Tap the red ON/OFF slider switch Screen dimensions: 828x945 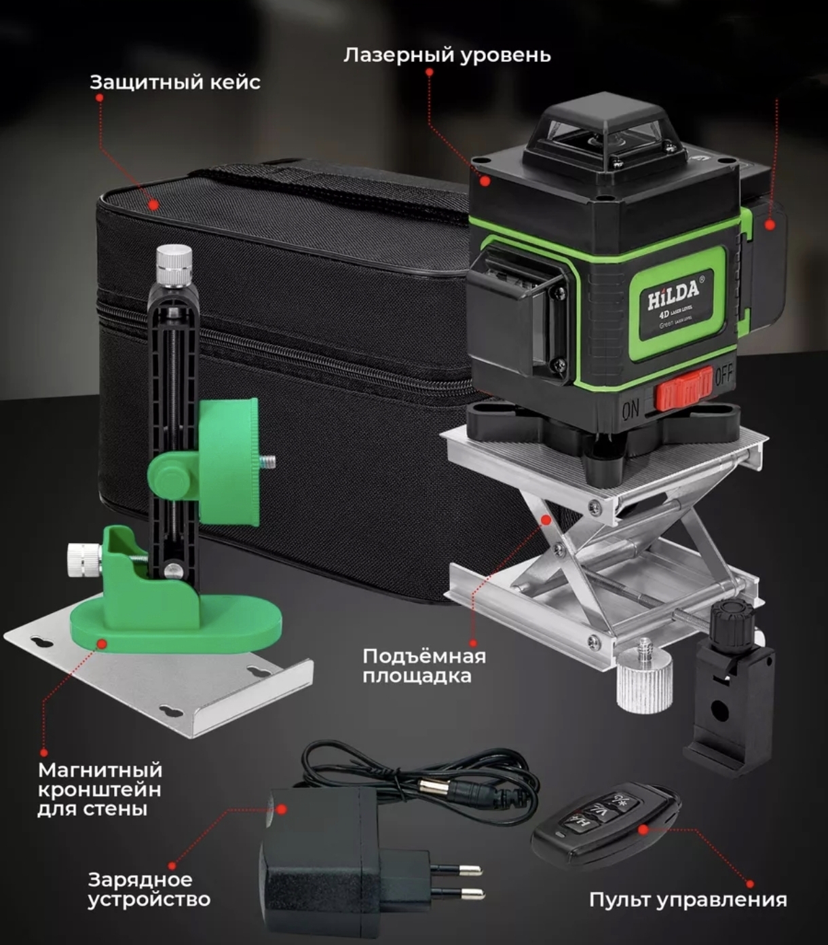tap(683, 388)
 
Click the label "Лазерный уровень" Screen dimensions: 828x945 tap(447, 56)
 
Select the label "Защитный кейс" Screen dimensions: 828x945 tap(175, 83)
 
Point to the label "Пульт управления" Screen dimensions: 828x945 tap(688, 900)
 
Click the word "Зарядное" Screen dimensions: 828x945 tap(140, 879)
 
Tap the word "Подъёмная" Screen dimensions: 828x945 tap(424, 656)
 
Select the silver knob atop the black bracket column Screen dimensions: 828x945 tap(174, 265)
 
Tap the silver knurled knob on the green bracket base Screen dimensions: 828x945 tap(84, 558)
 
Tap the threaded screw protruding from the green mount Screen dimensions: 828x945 tap(267, 462)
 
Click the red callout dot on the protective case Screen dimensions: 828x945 tap(153, 204)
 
